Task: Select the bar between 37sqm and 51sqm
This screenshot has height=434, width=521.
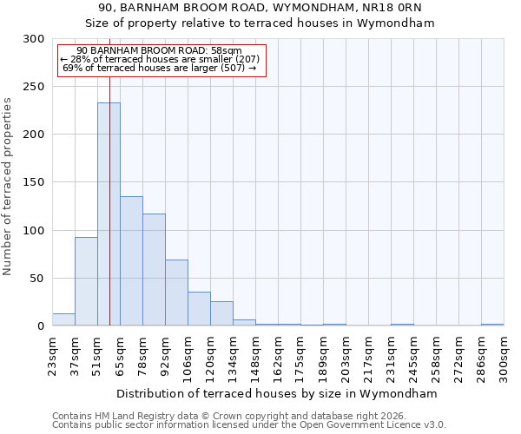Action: (x=86, y=281)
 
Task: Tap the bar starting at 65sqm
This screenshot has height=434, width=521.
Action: (x=131, y=260)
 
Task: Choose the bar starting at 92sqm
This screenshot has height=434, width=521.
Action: (x=176, y=293)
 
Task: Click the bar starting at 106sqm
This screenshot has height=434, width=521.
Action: (x=199, y=308)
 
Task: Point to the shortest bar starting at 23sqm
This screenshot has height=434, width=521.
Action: (x=63, y=319)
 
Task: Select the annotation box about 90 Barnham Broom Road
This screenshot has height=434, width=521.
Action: (x=161, y=59)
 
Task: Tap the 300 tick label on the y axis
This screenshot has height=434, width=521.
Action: (x=32, y=39)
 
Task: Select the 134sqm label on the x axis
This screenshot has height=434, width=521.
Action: (x=233, y=354)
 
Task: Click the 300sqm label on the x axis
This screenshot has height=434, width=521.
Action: (x=504, y=354)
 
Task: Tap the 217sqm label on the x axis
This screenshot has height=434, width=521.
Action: (x=368, y=354)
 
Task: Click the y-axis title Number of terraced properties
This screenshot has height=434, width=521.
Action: (x=9, y=187)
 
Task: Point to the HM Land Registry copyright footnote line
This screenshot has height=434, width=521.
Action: (x=234, y=416)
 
